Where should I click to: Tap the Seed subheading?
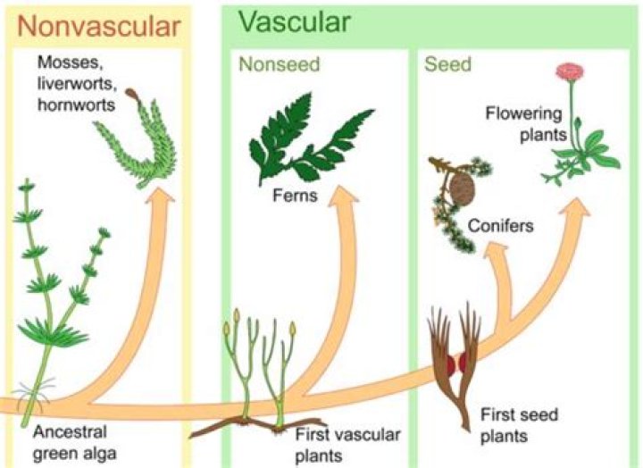tap(447, 65)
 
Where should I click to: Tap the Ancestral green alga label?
tap(75, 442)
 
